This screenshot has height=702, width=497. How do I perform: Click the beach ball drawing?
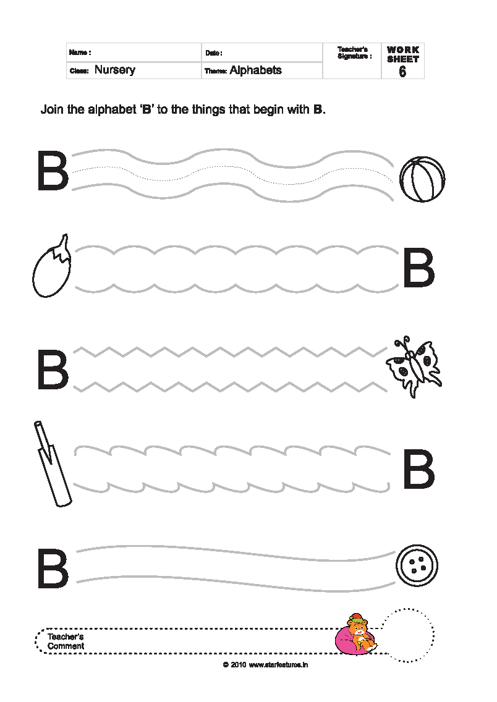[422, 179]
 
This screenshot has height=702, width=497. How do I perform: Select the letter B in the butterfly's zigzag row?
[52, 370]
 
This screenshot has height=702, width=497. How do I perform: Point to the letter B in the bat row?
[418, 470]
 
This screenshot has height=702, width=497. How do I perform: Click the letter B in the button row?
[52, 569]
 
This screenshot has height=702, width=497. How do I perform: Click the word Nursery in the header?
[114, 70]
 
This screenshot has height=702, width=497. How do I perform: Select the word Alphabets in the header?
[255, 70]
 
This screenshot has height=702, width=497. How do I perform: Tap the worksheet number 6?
[402, 71]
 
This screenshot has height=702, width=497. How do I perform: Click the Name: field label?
[80, 53]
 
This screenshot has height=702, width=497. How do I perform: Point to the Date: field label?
[214, 53]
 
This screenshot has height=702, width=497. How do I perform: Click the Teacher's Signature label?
[354, 53]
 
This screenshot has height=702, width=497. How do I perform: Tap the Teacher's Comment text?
[66, 641]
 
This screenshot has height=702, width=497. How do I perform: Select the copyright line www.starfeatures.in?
[265, 665]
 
